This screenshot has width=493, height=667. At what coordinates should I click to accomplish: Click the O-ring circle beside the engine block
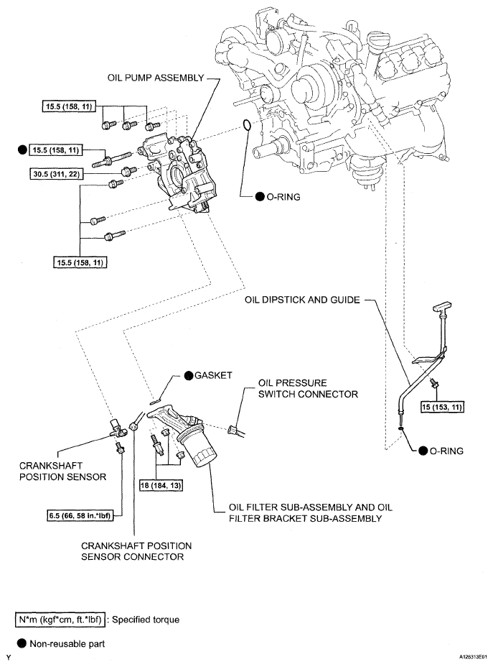click(x=246, y=126)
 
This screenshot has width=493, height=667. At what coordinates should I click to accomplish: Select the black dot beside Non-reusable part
click(x=11, y=643)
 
